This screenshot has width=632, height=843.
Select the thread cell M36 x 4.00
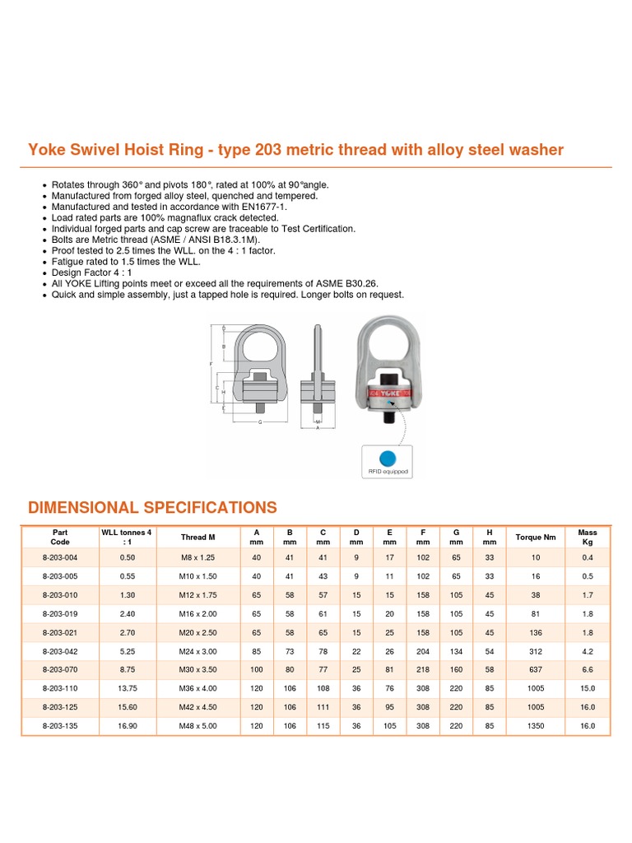point(198,687)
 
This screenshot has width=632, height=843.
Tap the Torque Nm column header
point(536,538)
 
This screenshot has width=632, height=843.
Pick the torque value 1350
point(536,725)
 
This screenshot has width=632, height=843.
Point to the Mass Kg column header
point(588,538)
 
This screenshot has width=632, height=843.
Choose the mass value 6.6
point(588,669)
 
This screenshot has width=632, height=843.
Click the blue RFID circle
point(388,458)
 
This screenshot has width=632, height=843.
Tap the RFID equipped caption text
point(388,473)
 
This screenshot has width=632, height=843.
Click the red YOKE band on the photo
point(388,394)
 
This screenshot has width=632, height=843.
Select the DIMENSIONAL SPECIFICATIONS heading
point(152,507)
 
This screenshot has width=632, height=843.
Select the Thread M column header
point(198,538)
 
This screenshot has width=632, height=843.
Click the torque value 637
point(536,669)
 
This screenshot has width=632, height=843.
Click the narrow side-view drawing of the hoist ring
point(318,370)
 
